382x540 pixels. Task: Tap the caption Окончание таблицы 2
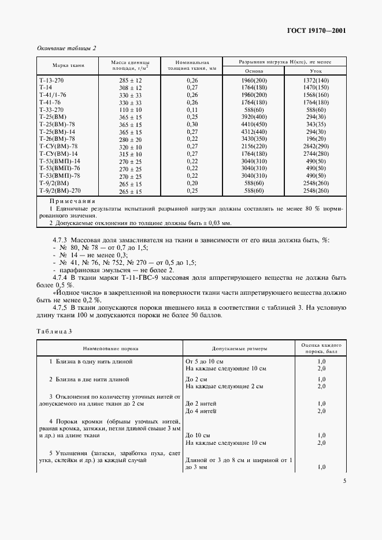tap(66, 48)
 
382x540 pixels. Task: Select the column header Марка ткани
tap(68, 65)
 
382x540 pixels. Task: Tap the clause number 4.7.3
tap(60, 240)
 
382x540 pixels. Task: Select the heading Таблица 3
tap(54, 332)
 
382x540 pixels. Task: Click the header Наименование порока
tap(110, 348)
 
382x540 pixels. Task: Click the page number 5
tap(344, 481)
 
